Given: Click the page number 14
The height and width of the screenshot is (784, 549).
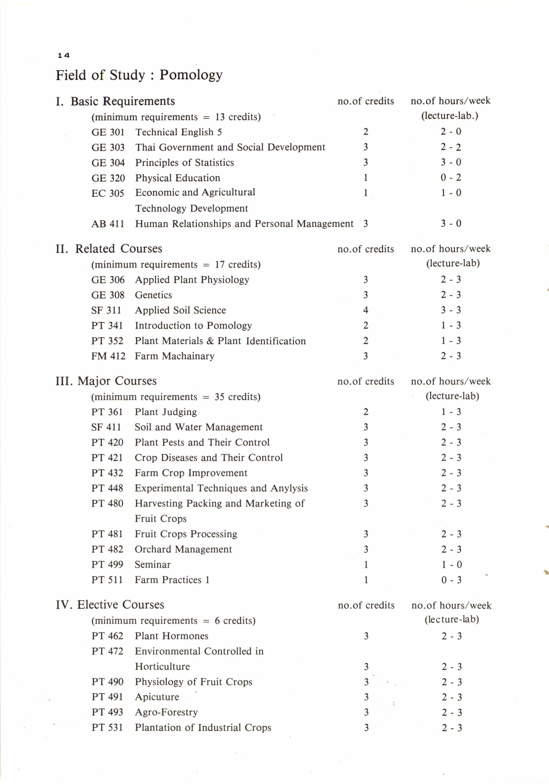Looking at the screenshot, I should (x=64, y=55).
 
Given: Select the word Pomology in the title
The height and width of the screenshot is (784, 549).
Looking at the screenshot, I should (x=191, y=75).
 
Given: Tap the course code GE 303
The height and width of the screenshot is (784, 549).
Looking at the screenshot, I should (x=108, y=147).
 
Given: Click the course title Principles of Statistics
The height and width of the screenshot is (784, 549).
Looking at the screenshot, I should (x=184, y=163).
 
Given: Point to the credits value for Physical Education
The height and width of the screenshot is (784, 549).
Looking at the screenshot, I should (x=365, y=177).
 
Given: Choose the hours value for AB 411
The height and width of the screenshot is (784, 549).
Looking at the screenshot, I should (x=451, y=224).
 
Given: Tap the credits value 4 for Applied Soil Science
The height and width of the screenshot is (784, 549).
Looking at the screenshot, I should (x=365, y=310).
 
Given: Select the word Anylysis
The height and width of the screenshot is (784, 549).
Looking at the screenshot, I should (x=289, y=488).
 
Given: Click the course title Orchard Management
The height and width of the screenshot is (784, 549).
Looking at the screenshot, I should (x=183, y=550).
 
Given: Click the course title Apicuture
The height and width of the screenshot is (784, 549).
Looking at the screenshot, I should (x=157, y=697).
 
